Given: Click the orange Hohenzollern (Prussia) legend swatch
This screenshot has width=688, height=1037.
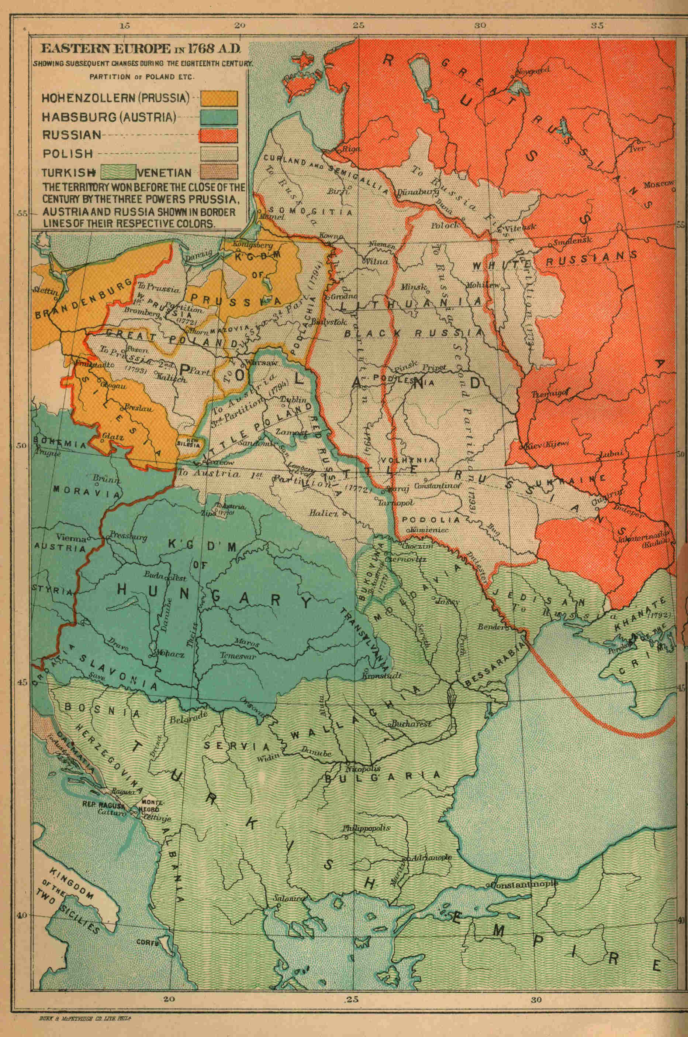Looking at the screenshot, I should click(219, 98).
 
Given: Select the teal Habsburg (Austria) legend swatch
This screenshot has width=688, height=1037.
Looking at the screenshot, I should click(219, 117).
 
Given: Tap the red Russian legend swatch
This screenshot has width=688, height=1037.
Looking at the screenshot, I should click(219, 135).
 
